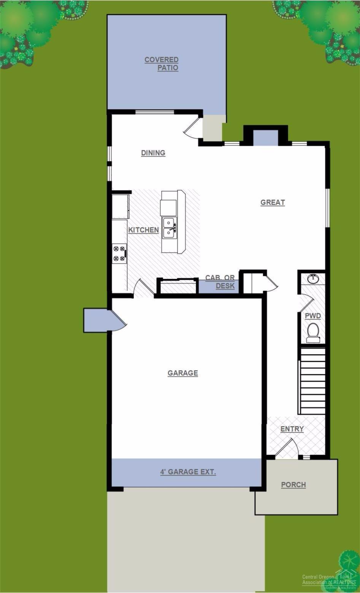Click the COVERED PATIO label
(162, 64)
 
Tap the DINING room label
(153, 153)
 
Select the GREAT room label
(273, 203)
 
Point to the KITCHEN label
(143, 230)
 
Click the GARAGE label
(183, 373)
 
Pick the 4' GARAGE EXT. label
(188, 472)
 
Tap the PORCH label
(293, 485)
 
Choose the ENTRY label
(292, 429)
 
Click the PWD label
(313, 316)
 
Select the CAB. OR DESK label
(220, 282)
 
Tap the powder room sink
(314, 279)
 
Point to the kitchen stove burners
(119, 254)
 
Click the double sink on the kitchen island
(169, 228)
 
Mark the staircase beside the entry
(312, 381)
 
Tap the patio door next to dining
(193, 127)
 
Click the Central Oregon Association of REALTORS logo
(329, 579)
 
